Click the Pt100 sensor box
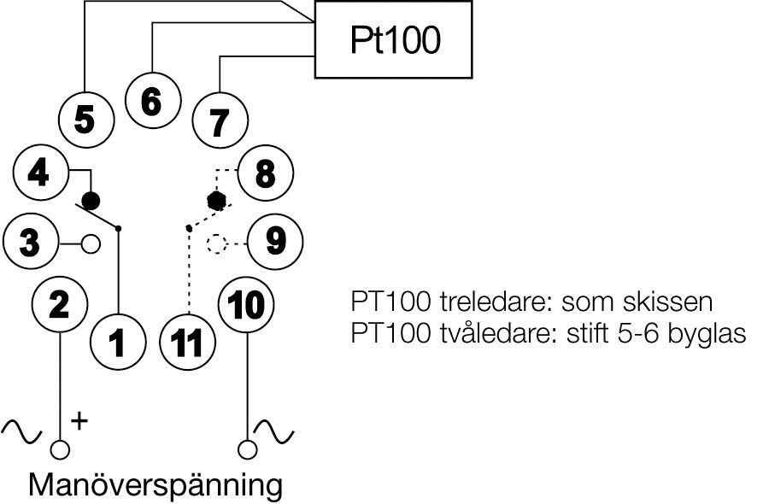click(x=393, y=39)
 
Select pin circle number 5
click(x=85, y=120)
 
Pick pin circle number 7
click(x=219, y=122)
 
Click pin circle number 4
click(x=38, y=173)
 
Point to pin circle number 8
click(x=265, y=174)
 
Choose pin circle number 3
click(x=30, y=243)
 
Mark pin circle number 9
click(x=275, y=242)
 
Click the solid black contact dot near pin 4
click(x=90, y=201)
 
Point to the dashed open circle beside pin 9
click(x=217, y=244)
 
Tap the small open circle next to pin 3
click(x=90, y=244)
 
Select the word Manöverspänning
click(x=155, y=484)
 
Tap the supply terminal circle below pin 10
click(x=248, y=449)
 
